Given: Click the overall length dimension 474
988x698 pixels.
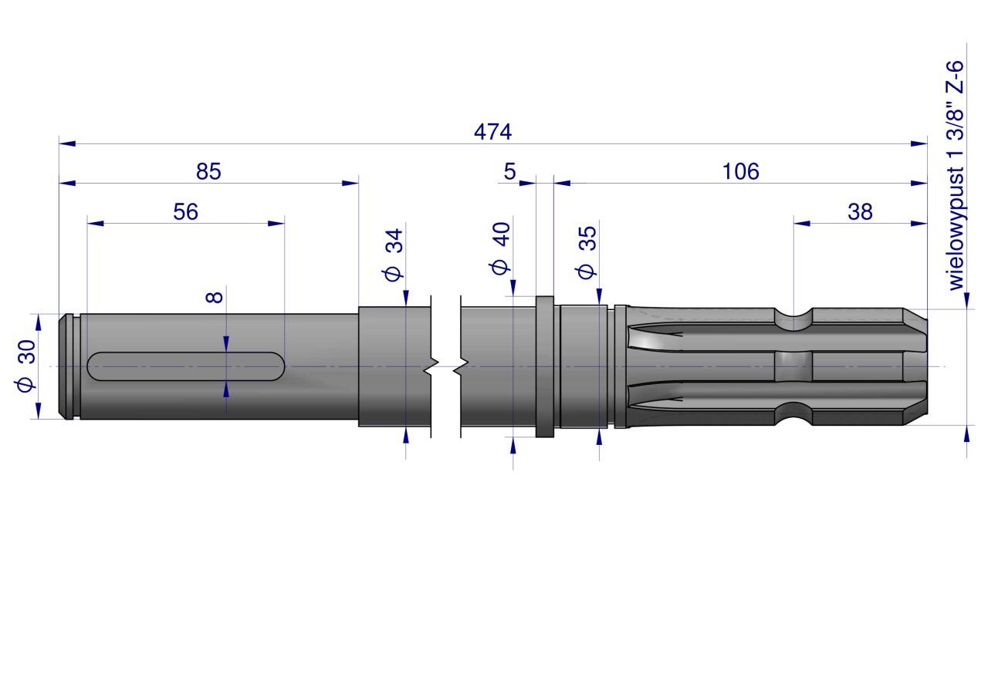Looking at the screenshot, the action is (x=492, y=132).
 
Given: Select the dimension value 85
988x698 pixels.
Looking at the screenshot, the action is (x=208, y=171).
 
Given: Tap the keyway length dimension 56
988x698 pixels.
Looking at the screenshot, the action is (x=186, y=212).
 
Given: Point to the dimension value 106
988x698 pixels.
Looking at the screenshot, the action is (x=740, y=171).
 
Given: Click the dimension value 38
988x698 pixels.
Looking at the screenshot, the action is (x=860, y=212).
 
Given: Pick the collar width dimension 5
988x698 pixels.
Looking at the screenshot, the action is (x=509, y=171).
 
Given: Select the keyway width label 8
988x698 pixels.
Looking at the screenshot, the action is (x=215, y=297).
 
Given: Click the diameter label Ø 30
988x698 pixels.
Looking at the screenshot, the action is (x=26, y=365).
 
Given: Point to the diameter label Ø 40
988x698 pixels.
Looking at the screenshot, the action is (x=501, y=248).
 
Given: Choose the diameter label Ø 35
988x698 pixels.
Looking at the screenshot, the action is (x=587, y=252).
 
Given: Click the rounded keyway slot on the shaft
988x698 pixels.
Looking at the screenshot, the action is (x=186, y=366).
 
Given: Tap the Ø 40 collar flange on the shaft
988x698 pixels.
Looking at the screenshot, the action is (x=544, y=367).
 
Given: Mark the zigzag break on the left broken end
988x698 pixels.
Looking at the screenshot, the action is (x=431, y=366).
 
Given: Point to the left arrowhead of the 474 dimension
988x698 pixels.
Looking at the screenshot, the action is (x=67, y=143).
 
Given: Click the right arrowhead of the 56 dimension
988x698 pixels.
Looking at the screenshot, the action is (x=276, y=224).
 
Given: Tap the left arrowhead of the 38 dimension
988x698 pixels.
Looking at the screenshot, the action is (x=802, y=224).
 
